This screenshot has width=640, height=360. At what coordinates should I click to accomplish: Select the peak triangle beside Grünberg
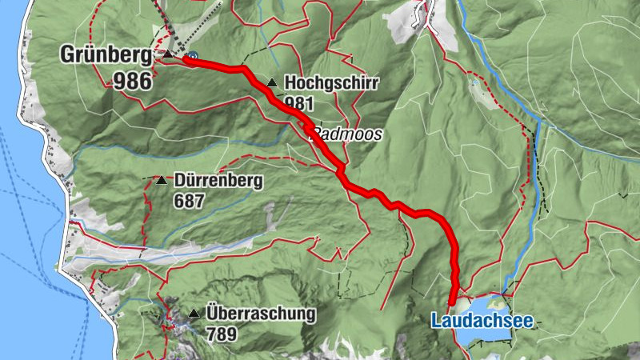coord(166,54)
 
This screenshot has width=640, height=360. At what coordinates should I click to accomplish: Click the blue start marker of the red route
coord(192,57)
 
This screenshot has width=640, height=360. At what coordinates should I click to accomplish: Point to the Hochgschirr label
coord(330,82)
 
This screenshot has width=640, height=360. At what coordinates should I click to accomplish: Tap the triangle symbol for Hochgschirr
coord(272,82)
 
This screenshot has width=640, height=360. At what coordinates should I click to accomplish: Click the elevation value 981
coord(298,102)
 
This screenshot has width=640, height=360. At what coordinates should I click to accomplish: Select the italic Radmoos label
coord(346,134)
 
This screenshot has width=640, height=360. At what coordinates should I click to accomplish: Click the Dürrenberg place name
coord(218,181)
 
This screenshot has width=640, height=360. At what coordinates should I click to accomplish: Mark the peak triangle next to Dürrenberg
coord(161,181)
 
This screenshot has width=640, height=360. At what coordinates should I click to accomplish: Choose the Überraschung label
coord(261,313)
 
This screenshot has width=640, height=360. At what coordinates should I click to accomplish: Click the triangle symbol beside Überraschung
coord(194,313)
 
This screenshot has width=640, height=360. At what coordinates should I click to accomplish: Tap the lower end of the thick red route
coord(454,302)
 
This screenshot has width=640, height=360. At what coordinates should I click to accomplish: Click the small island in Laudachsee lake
coord(497,304)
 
